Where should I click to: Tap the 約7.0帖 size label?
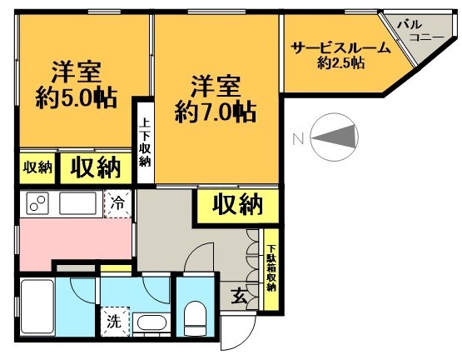[x=215, y=112]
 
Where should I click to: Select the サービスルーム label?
[x=340, y=48]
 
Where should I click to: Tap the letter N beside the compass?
[x=296, y=138]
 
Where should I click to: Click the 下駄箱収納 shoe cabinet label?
[x=271, y=267]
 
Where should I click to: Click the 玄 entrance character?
[x=239, y=296]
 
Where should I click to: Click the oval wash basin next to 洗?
[x=152, y=323]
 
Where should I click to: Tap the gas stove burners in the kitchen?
[x=39, y=202]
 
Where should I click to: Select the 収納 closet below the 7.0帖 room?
[x=230, y=204]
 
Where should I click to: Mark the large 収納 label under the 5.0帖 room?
[x=94, y=167]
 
